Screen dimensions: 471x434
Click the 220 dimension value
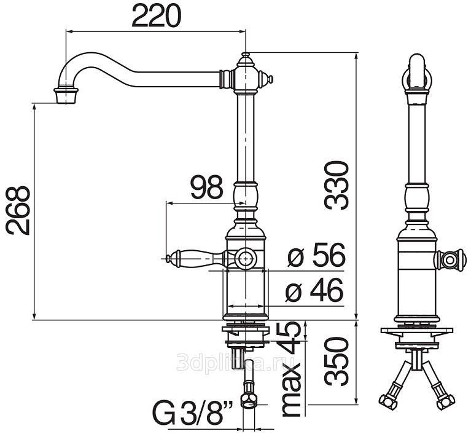157,16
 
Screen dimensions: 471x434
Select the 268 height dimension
18,210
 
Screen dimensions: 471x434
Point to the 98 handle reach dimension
207,188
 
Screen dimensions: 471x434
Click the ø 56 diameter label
316,255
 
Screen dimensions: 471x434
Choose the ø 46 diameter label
314,291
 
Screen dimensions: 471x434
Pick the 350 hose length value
336,361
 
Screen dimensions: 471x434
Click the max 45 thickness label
291,369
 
